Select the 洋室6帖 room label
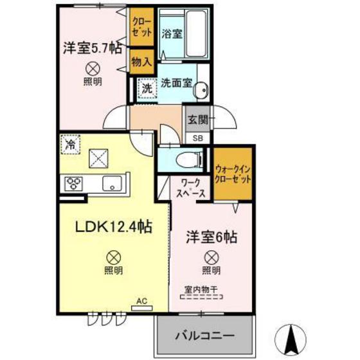click(x=212, y=237)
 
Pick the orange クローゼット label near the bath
click(x=141, y=28)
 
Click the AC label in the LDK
click(x=141, y=300)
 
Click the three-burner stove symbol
click(x=73, y=183)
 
